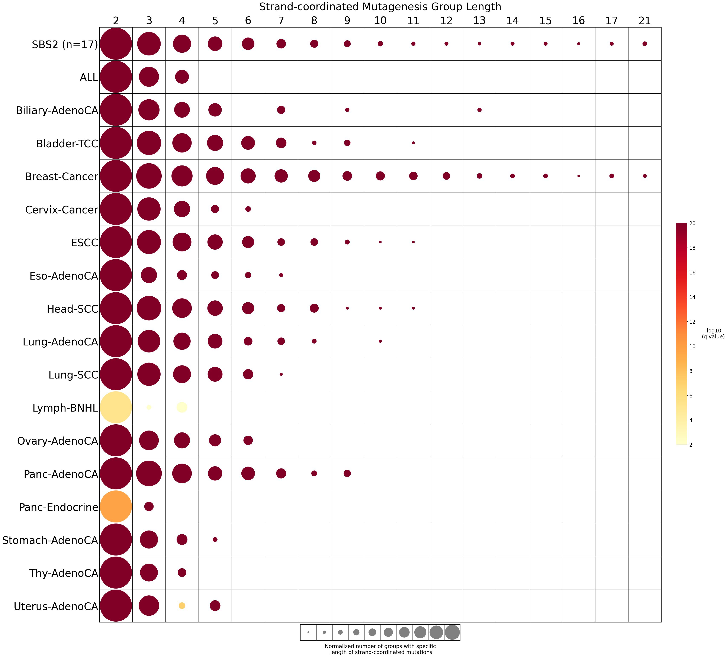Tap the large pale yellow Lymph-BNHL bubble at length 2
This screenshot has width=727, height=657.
pyautogui.click(x=116, y=408)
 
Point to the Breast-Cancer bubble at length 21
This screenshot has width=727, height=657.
pyautogui.click(x=645, y=176)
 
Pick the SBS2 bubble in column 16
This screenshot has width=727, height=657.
pyautogui.click(x=578, y=44)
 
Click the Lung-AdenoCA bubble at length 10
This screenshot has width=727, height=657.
pyautogui.click(x=380, y=341)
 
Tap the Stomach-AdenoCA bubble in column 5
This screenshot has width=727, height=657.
pyautogui.click(x=215, y=540)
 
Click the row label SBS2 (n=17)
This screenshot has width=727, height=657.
pyautogui.click(x=65, y=45)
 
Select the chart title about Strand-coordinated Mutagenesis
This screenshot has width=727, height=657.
pyautogui.click(x=380, y=7)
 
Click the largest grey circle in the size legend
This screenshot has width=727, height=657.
pyautogui.click(x=452, y=632)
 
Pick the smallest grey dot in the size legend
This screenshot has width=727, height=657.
pyautogui.click(x=308, y=632)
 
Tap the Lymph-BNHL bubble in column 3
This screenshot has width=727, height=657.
pyautogui.click(x=149, y=408)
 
